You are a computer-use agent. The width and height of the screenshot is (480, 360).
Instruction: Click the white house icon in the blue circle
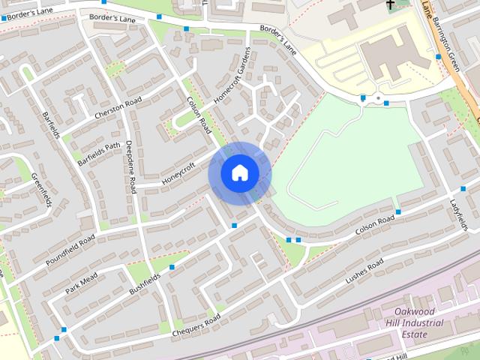point(239,172)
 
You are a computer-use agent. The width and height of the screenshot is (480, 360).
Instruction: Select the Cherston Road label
point(118,108)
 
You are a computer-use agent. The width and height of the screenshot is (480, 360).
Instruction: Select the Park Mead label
point(81,284)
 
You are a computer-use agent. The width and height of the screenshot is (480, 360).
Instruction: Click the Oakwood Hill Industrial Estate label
point(418,322)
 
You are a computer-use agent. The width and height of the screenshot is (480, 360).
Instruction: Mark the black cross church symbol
point(391,4)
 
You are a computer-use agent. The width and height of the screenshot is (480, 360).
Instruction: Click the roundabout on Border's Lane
point(376,99)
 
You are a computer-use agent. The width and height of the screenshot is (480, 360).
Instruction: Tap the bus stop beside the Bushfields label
point(174,266)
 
